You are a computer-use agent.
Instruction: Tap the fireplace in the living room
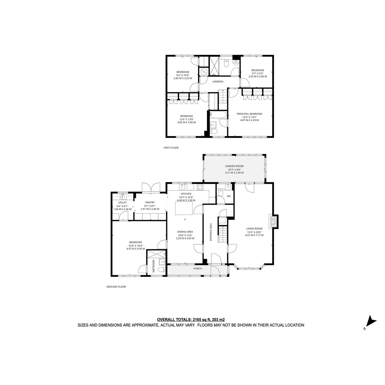coord(274,222)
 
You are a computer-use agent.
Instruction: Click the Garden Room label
coord(234,166)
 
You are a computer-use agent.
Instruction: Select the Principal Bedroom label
coord(249,114)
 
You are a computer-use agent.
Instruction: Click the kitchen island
coord(184,208)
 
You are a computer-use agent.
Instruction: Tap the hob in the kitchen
coord(200,187)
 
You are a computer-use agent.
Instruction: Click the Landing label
coord(218,81)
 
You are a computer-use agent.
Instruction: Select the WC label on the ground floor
coord(229,196)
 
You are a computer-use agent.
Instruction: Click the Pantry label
coord(150,202)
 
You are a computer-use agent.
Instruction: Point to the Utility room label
coord(122,202)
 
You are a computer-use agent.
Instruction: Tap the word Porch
coord(198,269)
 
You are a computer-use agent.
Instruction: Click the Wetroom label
coord(154,266)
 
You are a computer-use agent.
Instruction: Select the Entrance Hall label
coord(211,232)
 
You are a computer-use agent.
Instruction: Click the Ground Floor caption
coord(116,287)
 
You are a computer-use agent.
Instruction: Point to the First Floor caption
coord(171,148)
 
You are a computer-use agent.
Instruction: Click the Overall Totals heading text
coord(191,320)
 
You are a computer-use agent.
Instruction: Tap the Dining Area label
coord(185,232)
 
